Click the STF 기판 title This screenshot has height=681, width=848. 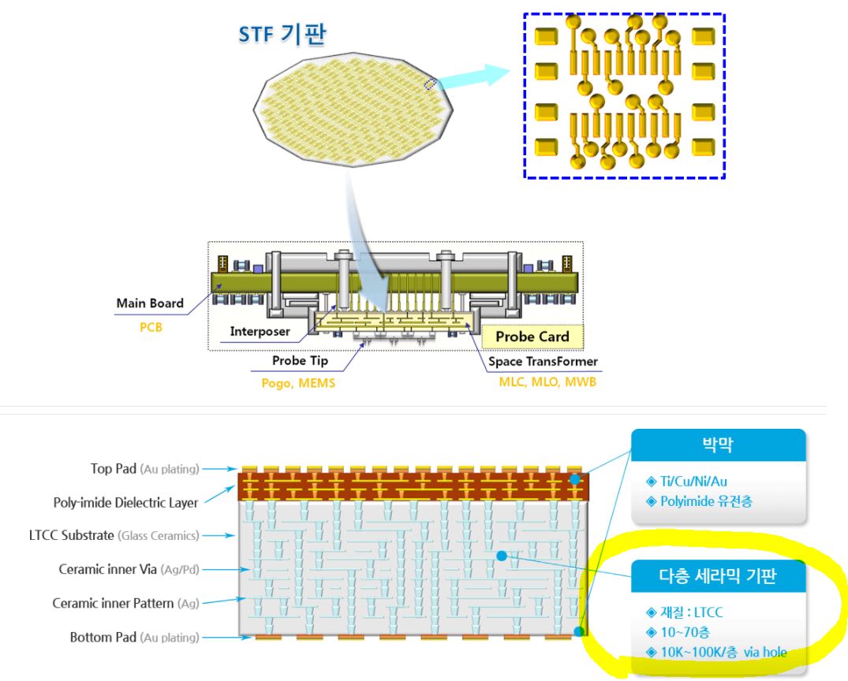(x=282, y=35)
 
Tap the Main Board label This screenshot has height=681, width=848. (x=150, y=303)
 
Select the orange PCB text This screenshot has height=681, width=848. (x=150, y=326)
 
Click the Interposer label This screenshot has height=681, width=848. (x=260, y=332)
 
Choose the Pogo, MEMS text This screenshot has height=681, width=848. (x=294, y=384)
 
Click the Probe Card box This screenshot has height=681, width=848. (x=532, y=337)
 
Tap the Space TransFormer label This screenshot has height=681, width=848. (x=543, y=361)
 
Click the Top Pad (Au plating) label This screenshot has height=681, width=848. (x=146, y=469)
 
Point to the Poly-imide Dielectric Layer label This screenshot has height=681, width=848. (x=125, y=502)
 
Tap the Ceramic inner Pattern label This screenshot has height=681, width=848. (x=125, y=603)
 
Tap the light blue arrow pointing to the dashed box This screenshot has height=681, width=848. (x=473, y=76)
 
